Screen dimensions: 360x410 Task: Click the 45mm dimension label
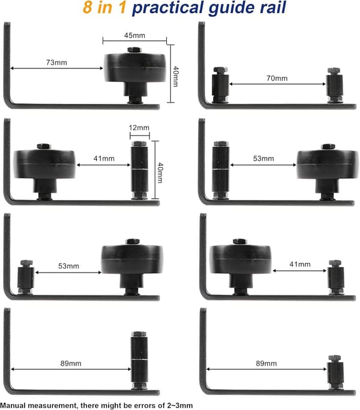click(x=134, y=35)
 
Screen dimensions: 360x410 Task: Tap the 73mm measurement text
click(x=56, y=62)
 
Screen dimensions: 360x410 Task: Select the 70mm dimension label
click(x=277, y=78)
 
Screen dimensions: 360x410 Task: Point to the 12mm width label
click(x=139, y=128)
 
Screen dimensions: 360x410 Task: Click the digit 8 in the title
click(x=88, y=8)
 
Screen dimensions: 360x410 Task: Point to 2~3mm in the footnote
click(x=180, y=405)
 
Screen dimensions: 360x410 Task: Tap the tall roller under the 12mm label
click(x=139, y=170)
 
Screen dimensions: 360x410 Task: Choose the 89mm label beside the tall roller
click(x=71, y=363)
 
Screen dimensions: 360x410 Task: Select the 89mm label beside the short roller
click(x=266, y=363)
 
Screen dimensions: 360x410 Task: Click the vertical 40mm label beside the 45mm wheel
click(x=176, y=76)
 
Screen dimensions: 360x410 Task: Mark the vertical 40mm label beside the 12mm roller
click(x=160, y=173)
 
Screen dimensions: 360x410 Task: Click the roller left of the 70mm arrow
click(x=220, y=85)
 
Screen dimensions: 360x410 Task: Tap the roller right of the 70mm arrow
click(x=335, y=85)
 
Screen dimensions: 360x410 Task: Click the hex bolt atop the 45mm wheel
click(x=134, y=50)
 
